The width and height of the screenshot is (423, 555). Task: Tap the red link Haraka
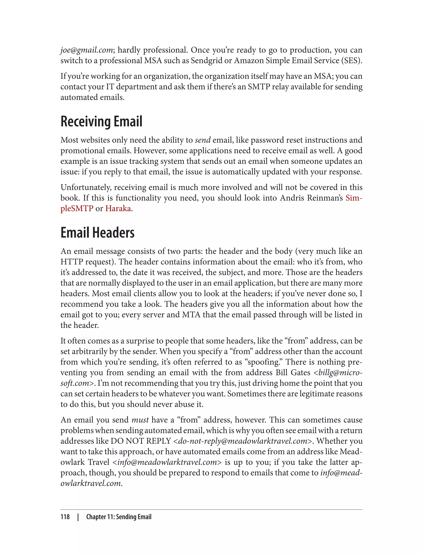(118, 209)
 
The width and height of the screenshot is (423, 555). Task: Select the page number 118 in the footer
(65, 517)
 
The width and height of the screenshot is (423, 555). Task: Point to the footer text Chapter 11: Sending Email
(119, 517)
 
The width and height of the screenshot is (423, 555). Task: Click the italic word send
(203, 140)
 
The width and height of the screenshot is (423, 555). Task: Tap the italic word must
(140, 420)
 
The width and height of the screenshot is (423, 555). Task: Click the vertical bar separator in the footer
(78, 517)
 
